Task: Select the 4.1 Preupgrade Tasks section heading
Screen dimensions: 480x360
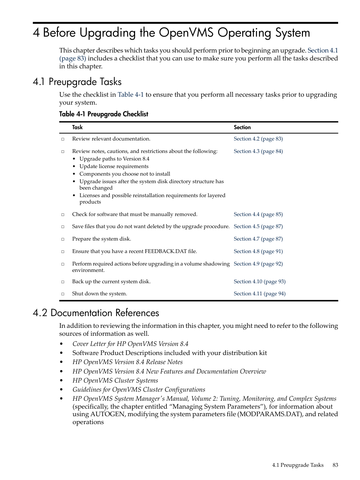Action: (x=77, y=82)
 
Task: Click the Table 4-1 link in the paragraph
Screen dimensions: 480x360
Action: (x=131, y=95)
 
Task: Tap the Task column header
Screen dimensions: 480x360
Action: (x=77, y=128)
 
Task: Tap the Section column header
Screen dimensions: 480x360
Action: (x=242, y=128)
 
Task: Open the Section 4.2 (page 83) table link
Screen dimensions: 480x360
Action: (x=258, y=139)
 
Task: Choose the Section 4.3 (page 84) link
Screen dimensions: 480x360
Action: (x=258, y=151)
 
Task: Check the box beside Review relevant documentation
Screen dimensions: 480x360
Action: (x=63, y=139)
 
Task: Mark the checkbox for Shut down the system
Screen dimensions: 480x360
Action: (x=63, y=294)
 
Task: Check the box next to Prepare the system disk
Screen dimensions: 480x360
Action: (x=63, y=239)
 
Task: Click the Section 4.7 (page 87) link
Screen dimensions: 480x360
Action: (x=258, y=239)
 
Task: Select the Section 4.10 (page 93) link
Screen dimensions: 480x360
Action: (x=259, y=282)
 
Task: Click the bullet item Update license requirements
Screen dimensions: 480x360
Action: (x=114, y=167)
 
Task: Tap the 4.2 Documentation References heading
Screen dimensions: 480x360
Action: (x=96, y=313)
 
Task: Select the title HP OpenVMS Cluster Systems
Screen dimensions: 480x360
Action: (x=115, y=381)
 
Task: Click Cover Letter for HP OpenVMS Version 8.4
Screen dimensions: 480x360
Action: (x=130, y=344)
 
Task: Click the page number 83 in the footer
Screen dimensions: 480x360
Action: (x=335, y=465)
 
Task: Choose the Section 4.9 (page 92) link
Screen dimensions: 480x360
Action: (x=258, y=264)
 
